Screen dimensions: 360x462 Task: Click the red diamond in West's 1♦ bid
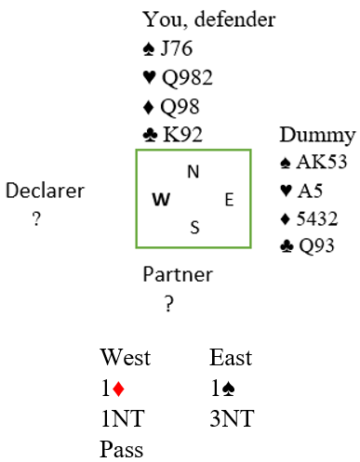pyautogui.click(x=118, y=389)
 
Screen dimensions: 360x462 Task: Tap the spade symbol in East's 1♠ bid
pyautogui.click(x=229, y=389)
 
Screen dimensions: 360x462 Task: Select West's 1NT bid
pyautogui.click(x=123, y=418)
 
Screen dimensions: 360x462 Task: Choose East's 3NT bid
pyautogui.click(x=232, y=418)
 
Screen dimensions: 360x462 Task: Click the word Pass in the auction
pyautogui.click(x=122, y=449)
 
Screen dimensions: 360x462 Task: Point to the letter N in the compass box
pyautogui.click(x=193, y=172)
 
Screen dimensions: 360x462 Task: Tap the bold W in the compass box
pyautogui.click(x=161, y=199)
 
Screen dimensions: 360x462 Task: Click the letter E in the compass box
pyautogui.click(x=229, y=200)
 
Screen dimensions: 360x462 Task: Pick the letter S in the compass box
pyautogui.click(x=194, y=228)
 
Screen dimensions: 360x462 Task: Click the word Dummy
pyautogui.click(x=317, y=136)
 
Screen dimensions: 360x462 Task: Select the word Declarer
pyautogui.click(x=45, y=191)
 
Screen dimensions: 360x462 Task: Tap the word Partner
pyautogui.click(x=178, y=274)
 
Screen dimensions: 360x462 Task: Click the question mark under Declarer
pyautogui.click(x=36, y=218)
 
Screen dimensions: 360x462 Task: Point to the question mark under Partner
pyautogui.click(x=168, y=304)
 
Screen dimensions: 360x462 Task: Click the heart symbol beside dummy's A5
pyautogui.click(x=286, y=191)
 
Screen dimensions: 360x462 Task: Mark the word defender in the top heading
pyautogui.click(x=234, y=20)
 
